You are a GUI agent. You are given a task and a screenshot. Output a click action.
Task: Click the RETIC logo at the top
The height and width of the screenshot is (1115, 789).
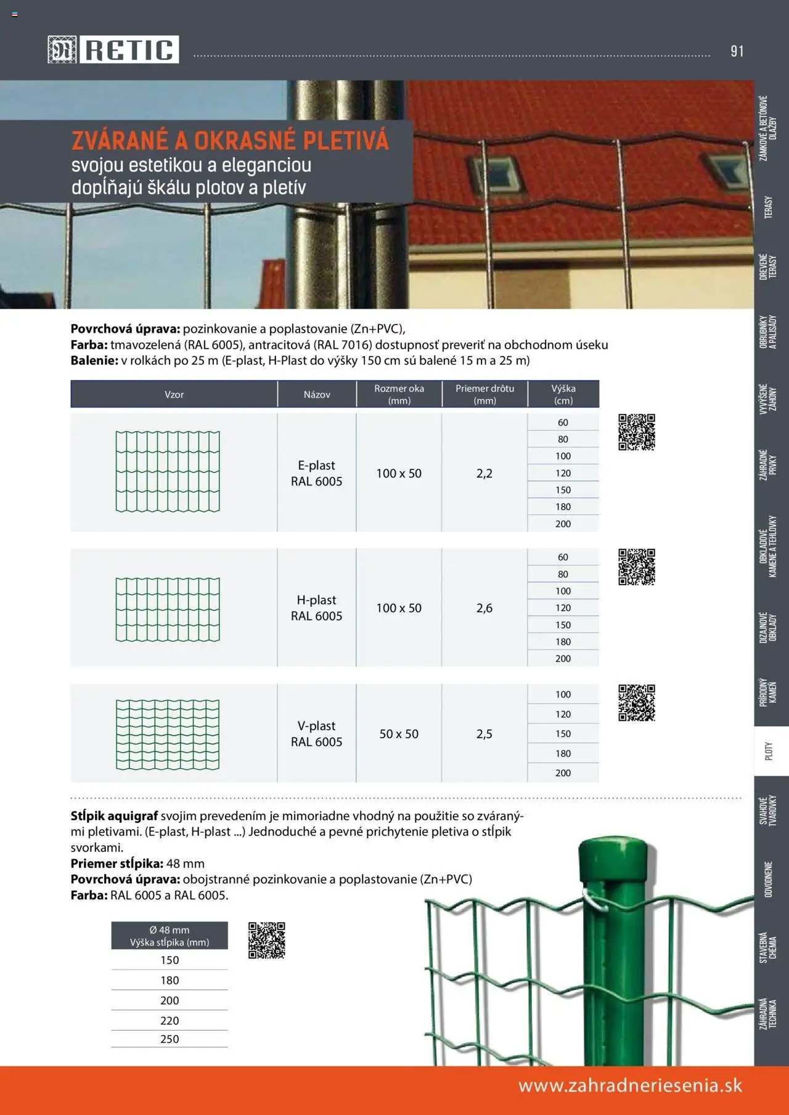113,49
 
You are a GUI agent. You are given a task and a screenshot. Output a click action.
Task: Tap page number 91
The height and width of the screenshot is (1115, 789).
737,51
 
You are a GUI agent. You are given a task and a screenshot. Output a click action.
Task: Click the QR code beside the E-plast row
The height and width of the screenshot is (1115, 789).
637,432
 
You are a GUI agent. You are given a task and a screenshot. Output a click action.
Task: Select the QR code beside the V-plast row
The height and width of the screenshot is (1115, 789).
637,702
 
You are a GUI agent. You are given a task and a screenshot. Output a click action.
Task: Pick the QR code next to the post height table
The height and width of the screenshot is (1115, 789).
266,940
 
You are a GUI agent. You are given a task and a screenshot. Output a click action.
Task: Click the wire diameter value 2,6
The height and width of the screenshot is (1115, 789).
484,608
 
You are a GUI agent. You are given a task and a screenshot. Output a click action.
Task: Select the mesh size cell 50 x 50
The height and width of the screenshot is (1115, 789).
399,734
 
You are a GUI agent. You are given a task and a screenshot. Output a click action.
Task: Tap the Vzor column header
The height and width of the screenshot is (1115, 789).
174,394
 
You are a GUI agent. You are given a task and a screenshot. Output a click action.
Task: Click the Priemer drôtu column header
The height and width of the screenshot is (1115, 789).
484,394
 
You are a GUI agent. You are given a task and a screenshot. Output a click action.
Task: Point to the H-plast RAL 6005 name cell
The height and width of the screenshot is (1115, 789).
316,608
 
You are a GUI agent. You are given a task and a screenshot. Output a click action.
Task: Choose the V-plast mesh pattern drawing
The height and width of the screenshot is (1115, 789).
168,734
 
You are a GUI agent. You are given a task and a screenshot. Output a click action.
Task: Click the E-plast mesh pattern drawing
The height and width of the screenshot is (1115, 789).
168,472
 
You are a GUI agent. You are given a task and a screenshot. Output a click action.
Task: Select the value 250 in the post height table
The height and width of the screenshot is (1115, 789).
170,1039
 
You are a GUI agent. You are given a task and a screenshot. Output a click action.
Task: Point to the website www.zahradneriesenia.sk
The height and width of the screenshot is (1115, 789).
630,1085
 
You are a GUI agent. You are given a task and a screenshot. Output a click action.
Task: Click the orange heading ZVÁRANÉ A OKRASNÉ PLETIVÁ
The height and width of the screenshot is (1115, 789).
230,140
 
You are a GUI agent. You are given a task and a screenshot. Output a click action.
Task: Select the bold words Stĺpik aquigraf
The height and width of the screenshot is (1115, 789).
114,816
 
